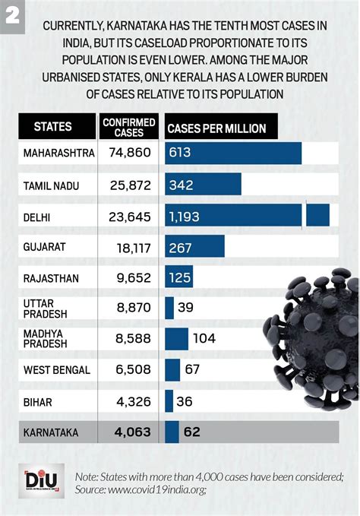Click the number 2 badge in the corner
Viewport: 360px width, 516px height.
coord(13,15)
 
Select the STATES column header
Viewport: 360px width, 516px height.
coord(53,127)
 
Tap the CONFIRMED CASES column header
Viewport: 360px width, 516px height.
coord(128,127)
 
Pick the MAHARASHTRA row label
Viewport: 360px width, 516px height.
coord(58,153)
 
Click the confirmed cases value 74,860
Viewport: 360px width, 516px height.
coord(129,153)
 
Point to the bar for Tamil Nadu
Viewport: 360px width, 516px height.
coord(204,185)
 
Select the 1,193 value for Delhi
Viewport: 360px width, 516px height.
coord(185,217)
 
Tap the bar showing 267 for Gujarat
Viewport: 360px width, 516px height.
coord(195,247)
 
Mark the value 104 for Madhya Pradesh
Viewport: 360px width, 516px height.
coord(206,338)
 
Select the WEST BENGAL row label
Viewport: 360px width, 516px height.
coord(57,370)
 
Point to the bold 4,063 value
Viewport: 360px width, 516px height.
coord(132,432)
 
